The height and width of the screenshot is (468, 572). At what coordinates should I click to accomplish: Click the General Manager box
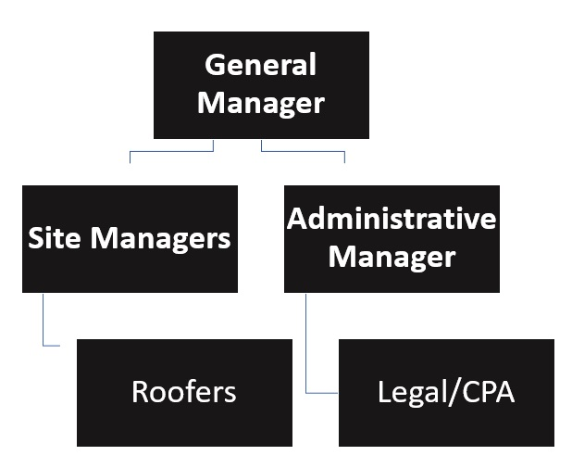(261, 84)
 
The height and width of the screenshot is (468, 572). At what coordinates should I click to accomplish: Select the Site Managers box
(130, 238)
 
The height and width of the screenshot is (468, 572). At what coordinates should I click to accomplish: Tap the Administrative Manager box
(392, 238)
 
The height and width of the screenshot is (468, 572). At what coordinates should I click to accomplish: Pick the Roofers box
(184, 392)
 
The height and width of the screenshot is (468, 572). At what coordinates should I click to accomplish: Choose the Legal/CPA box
(446, 392)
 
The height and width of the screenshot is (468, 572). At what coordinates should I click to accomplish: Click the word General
(260, 65)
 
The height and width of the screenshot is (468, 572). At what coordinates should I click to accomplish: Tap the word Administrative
(392, 220)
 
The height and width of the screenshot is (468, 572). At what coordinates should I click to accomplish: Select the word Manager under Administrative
(392, 256)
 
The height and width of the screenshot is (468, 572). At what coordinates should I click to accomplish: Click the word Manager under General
(261, 102)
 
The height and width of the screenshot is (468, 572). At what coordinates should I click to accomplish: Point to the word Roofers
(184, 392)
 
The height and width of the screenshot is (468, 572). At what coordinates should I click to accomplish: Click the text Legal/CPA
(446, 392)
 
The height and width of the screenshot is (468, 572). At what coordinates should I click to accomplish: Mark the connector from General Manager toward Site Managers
(171, 151)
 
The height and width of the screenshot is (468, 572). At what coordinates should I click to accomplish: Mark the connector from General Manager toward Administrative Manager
(303, 151)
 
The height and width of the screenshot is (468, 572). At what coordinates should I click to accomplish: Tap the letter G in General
(214, 65)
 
